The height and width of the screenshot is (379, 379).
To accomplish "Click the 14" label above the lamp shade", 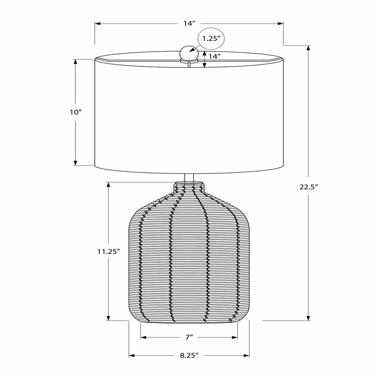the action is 189,23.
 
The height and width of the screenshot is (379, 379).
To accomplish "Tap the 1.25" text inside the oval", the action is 211,38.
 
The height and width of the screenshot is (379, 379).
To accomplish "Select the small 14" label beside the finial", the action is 215,56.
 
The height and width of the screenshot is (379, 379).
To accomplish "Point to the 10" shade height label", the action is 76,112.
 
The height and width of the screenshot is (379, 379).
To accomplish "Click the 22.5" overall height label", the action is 308,187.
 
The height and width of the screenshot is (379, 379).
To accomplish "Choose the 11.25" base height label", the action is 109,252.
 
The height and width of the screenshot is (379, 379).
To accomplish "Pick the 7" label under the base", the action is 189,337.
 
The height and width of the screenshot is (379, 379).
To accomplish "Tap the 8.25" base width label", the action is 189,355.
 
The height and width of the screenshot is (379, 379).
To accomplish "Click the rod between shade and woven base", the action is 189,178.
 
